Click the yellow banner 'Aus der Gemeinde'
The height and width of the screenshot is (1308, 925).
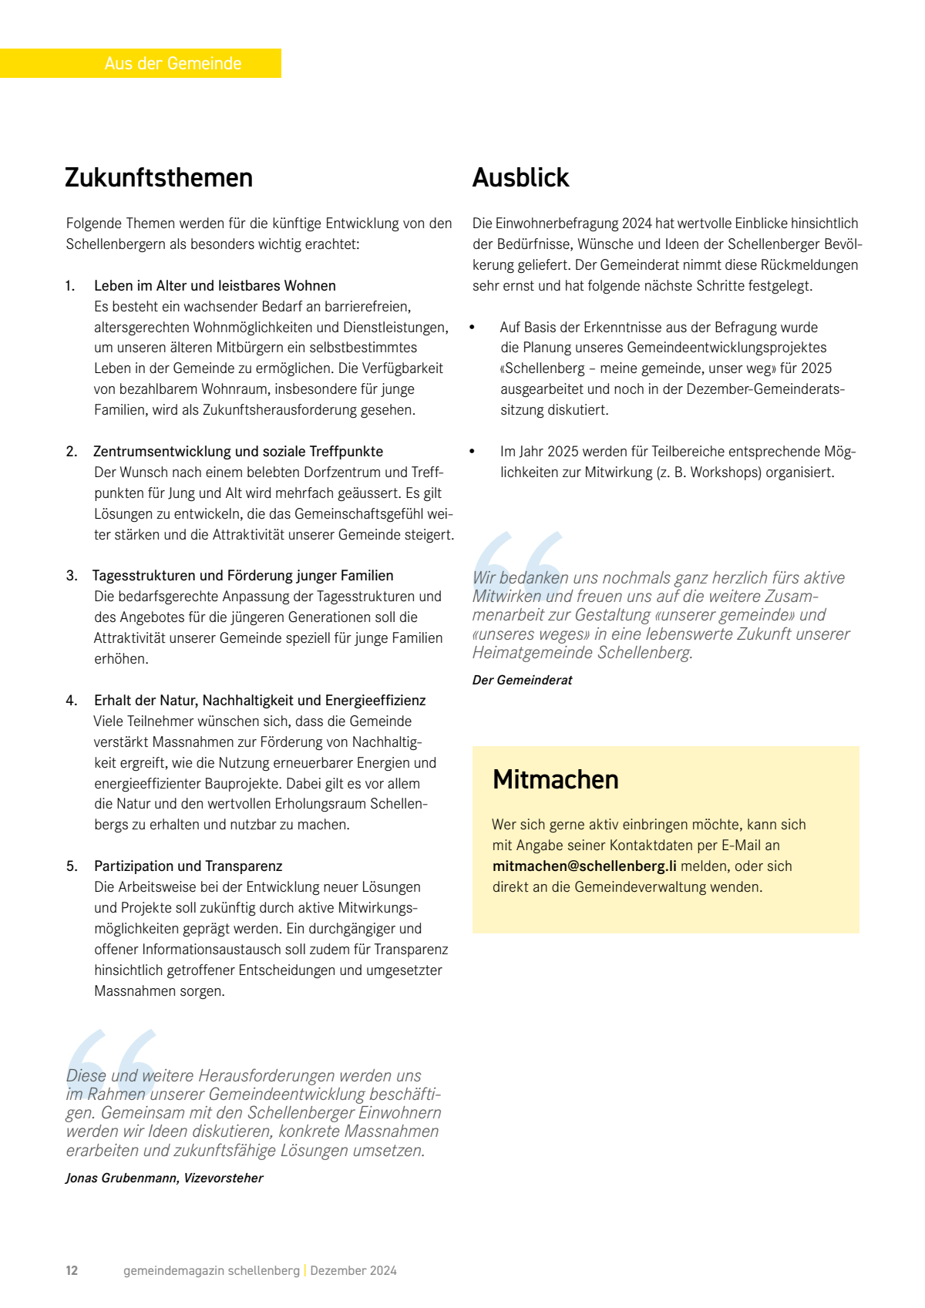click(x=173, y=63)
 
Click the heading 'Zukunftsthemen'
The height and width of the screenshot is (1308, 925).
click(x=159, y=177)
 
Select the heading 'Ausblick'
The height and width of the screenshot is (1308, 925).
click(x=520, y=177)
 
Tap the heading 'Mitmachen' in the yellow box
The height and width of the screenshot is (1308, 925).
click(x=555, y=779)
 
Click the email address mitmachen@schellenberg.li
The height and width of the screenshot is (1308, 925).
click(x=584, y=866)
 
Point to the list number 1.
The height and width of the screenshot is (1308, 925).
click(x=70, y=286)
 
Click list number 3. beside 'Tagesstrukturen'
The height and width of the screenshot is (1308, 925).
click(x=72, y=576)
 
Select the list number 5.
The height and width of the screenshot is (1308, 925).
click(x=72, y=866)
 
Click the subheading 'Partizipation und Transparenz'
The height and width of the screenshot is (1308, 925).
click(x=188, y=866)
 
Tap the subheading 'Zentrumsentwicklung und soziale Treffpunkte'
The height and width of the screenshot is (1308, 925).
click(x=238, y=452)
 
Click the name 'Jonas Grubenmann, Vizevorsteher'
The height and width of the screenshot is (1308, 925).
click(x=164, y=1178)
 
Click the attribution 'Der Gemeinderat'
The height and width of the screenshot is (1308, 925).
click(x=522, y=680)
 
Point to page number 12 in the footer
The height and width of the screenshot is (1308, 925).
click(x=72, y=1270)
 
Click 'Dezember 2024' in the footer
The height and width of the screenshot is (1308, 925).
click(x=353, y=1270)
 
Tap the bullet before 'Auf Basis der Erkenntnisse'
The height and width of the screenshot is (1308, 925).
click(x=472, y=328)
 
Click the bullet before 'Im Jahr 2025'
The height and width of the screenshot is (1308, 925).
click(x=472, y=452)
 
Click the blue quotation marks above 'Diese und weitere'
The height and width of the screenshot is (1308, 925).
click(x=112, y=1057)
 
